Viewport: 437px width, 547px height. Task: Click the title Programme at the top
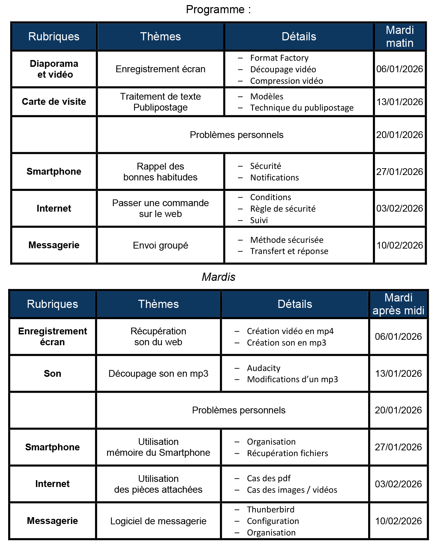(218, 9)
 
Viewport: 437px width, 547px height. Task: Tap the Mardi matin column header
(400, 37)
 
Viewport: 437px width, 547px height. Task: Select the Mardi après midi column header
(398, 304)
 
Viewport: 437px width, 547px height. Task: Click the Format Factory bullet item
(279, 58)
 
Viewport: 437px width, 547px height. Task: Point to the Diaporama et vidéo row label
(54, 69)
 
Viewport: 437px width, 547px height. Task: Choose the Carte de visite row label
(54, 102)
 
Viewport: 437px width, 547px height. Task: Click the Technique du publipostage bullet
(302, 108)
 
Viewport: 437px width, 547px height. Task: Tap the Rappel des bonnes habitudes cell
(160, 172)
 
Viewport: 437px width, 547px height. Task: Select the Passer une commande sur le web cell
(160, 209)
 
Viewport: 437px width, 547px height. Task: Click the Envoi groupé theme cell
(160, 246)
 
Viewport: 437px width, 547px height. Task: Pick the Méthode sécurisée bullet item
(287, 240)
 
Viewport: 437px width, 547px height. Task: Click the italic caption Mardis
(218, 277)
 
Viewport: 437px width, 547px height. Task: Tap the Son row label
(53, 374)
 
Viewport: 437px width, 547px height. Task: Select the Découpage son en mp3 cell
(158, 374)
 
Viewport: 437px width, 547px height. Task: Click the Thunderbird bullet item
(270, 510)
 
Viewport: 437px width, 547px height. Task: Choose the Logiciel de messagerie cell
(158, 521)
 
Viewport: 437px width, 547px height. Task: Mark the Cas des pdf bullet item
(269, 478)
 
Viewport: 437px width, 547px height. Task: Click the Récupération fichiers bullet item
(287, 453)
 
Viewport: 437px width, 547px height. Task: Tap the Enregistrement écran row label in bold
(53, 337)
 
